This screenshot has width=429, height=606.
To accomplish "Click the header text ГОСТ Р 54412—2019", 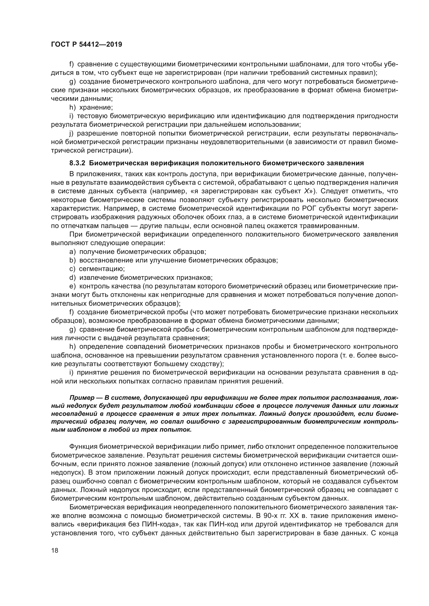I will tap(86, 44).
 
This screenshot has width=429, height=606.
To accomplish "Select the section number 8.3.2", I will tap(77, 163).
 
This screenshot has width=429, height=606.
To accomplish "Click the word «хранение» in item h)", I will tap(96, 108).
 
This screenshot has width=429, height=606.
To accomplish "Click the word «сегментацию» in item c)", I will tap(102, 269).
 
